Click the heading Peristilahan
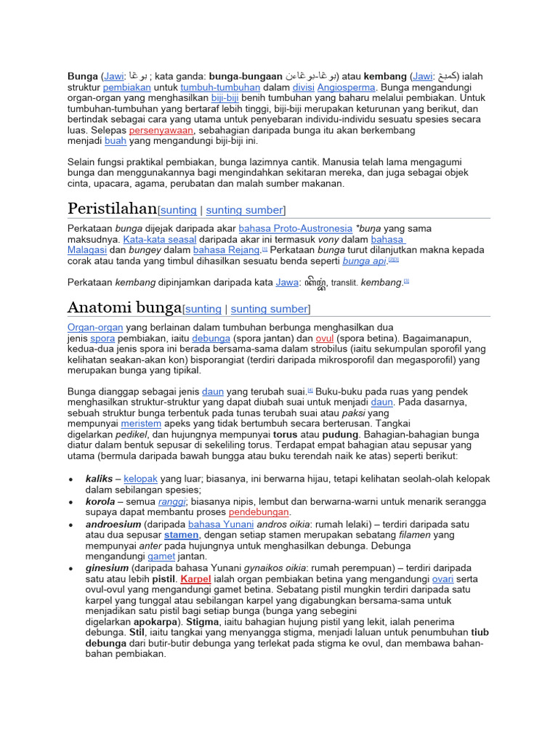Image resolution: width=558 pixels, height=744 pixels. [x=112, y=209]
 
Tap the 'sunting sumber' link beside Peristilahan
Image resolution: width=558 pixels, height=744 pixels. [x=244, y=211]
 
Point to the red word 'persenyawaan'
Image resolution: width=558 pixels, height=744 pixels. [x=161, y=130]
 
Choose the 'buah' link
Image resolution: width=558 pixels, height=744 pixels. [x=116, y=141]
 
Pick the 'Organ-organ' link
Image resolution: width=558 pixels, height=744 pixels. [x=95, y=328]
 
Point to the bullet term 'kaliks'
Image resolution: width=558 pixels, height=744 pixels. [x=99, y=480]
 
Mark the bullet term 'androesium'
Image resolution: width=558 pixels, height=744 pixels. [x=113, y=524]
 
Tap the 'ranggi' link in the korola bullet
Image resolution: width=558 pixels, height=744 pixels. [x=172, y=501]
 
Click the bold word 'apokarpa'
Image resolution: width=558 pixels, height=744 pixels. [x=158, y=623]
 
